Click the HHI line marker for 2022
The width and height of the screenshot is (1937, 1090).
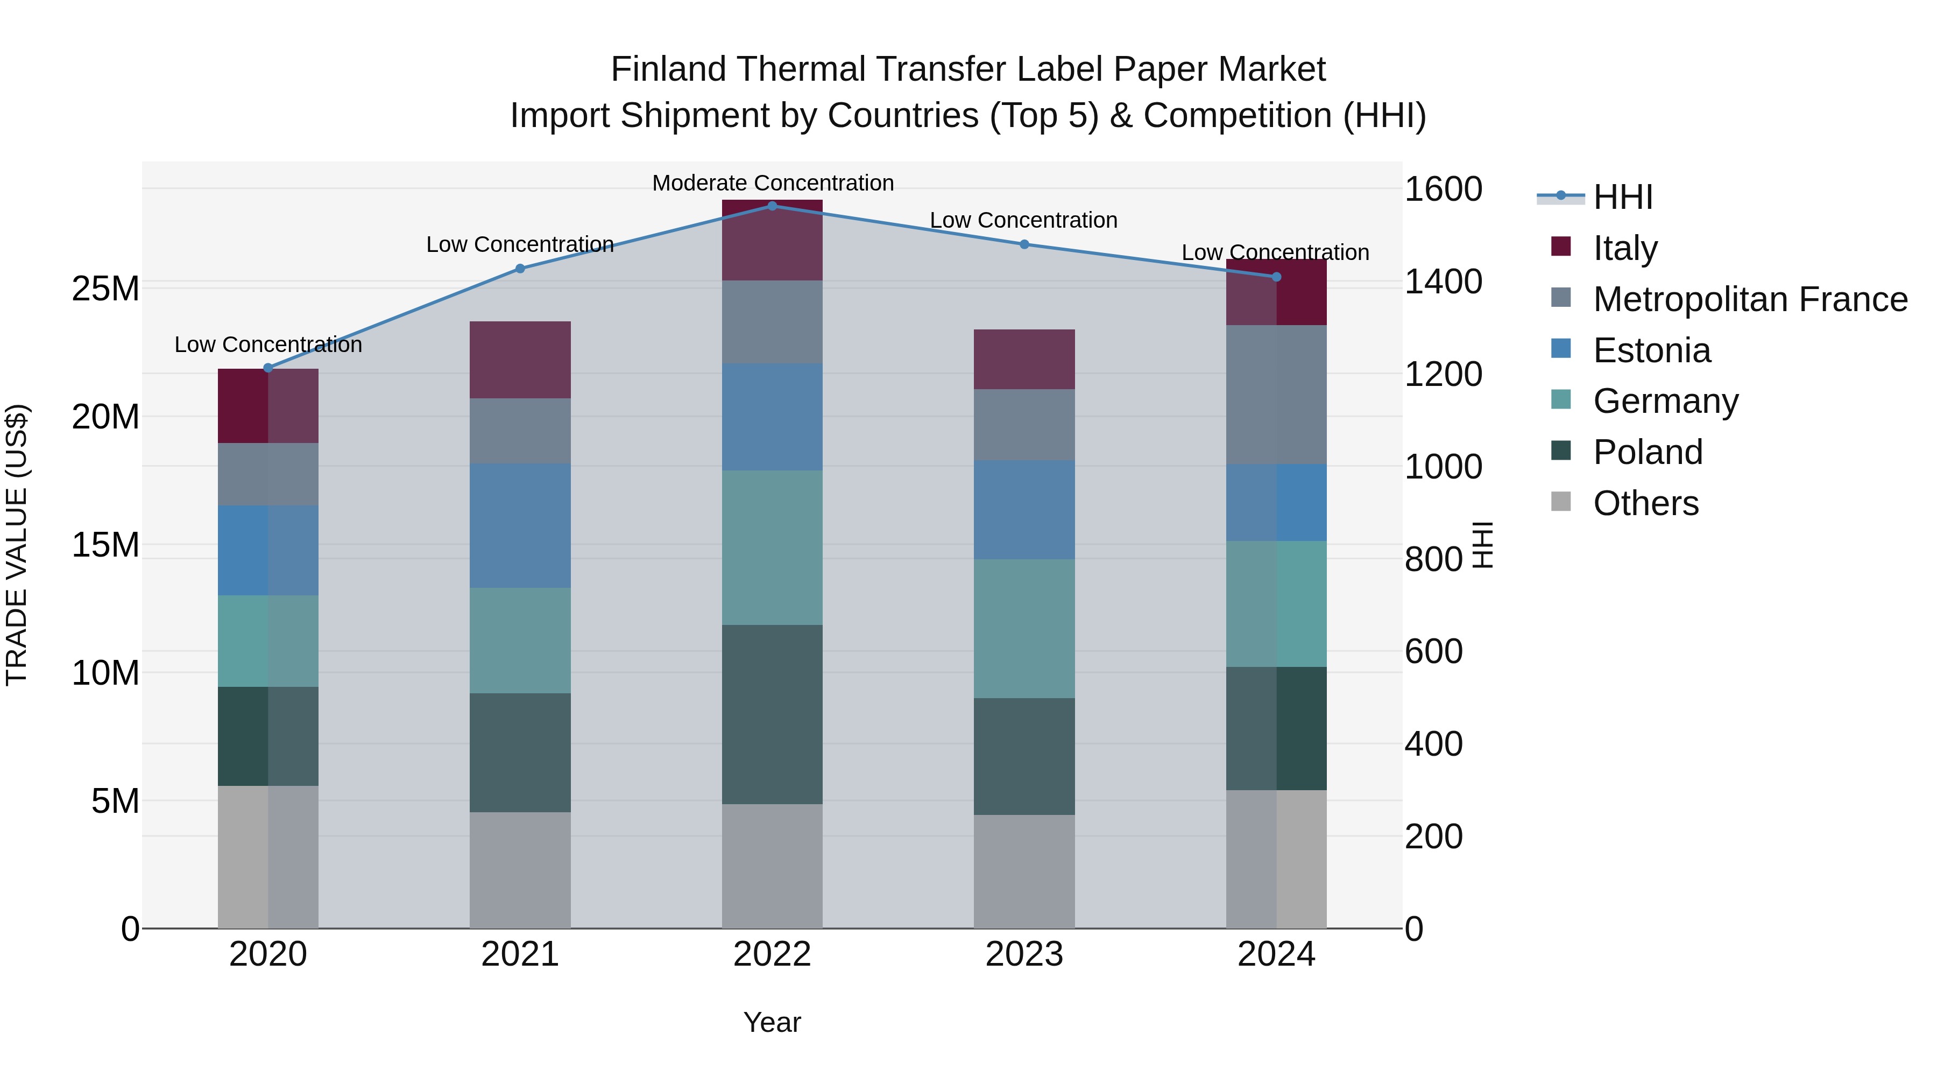click(x=772, y=206)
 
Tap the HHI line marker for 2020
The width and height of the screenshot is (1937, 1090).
click(x=268, y=368)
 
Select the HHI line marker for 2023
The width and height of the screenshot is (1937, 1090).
click(x=1024, y=244)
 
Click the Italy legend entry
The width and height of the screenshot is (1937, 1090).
click(x=1624, y=248)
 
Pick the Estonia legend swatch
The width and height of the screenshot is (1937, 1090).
click(x=1561, y=349)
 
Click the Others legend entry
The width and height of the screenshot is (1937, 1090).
click(x=1645, y=503)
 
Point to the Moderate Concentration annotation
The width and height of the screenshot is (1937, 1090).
click(x=772, y=183)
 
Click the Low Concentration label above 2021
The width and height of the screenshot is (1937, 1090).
click(x=520, y=244)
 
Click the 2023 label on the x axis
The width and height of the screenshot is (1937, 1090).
click(x=1024, y=954)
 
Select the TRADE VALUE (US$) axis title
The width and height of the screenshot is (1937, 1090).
click(x=17, y=545)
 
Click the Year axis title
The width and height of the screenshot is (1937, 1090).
click(x=772, y=1022)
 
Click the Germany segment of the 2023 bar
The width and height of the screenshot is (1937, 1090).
click(x=1024, y=628)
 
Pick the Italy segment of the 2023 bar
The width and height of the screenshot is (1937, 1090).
click(x=1024, y=359)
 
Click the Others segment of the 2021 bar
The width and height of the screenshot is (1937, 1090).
click(x=520, y=870)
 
